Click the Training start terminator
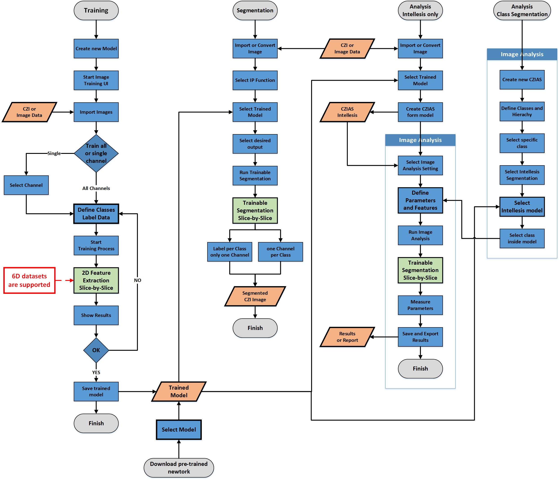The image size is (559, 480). click(x=96, y=11)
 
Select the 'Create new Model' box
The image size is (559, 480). click(x=96, y=48)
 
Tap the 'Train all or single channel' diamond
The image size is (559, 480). click(x=96, y=153)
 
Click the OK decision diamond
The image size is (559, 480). click(x=96, y=350)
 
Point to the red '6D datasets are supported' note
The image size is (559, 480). click(x=29, y=280)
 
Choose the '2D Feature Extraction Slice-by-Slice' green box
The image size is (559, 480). click(x=96, y=280)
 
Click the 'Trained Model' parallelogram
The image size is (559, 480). click(x=179, y=391)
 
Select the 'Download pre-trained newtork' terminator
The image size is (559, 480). click(x=179, y=468)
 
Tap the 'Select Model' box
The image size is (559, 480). click(x=179, y=430)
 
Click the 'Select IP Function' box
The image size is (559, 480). click(x=255, y=80)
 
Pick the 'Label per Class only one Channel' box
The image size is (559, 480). click(x=230, y=252)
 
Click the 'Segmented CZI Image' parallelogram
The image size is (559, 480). click(x=255, y=296)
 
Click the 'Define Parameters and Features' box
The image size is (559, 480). click(x=420, y=200)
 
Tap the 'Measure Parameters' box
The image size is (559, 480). click(x=420, y=305)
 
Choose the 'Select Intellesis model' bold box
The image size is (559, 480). click(x=522, y=207)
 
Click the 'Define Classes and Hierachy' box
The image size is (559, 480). click(x=522, y=111)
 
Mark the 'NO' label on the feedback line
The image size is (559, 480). click(x=137, y=280)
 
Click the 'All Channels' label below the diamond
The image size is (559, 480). click(x=96, y=188)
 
